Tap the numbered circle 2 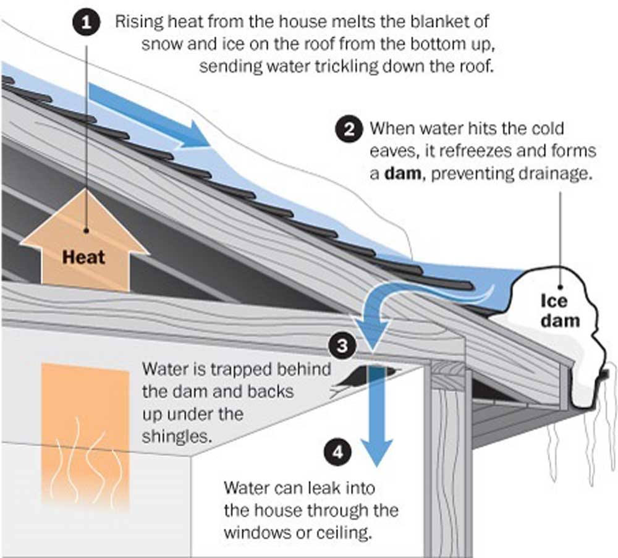[x=350, y=130]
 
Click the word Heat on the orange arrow [x=84, y=256]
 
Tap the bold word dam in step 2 [x=402, y=174]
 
